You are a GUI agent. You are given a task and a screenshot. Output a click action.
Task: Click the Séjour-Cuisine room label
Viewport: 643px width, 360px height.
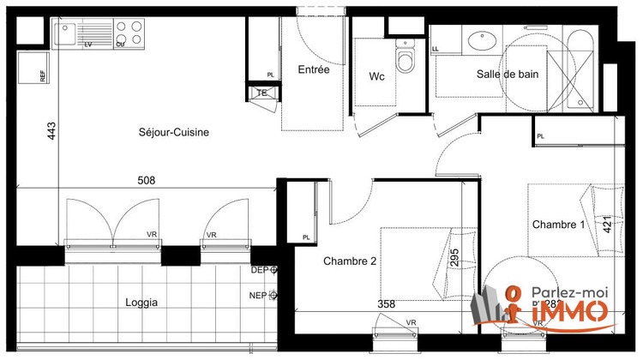click(x=174, y=132)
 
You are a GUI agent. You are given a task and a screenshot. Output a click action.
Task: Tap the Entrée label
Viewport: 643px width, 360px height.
click(x=313, y=70)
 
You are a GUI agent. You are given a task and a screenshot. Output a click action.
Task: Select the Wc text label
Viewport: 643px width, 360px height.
click(x=376, y=76)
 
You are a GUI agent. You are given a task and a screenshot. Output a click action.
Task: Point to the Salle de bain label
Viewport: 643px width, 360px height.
click(x=508, y=75)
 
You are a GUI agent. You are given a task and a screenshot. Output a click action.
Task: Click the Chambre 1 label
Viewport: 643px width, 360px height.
click(x=558, y=225)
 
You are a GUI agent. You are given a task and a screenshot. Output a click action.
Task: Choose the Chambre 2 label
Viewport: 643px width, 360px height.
click(x=349, y=261)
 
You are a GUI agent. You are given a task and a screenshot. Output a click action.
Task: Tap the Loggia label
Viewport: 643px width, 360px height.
click(x=141, y=302)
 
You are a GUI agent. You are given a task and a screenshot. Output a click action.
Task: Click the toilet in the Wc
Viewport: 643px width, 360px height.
click(x=406, y=60)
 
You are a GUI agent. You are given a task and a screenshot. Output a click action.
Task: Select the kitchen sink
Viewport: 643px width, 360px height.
click(x=66, y=33)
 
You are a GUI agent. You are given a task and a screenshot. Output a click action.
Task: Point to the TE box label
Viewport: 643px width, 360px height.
click(x=262, y=93)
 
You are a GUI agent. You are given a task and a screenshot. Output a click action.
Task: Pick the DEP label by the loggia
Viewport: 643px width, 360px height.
click(x=260, y=270)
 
